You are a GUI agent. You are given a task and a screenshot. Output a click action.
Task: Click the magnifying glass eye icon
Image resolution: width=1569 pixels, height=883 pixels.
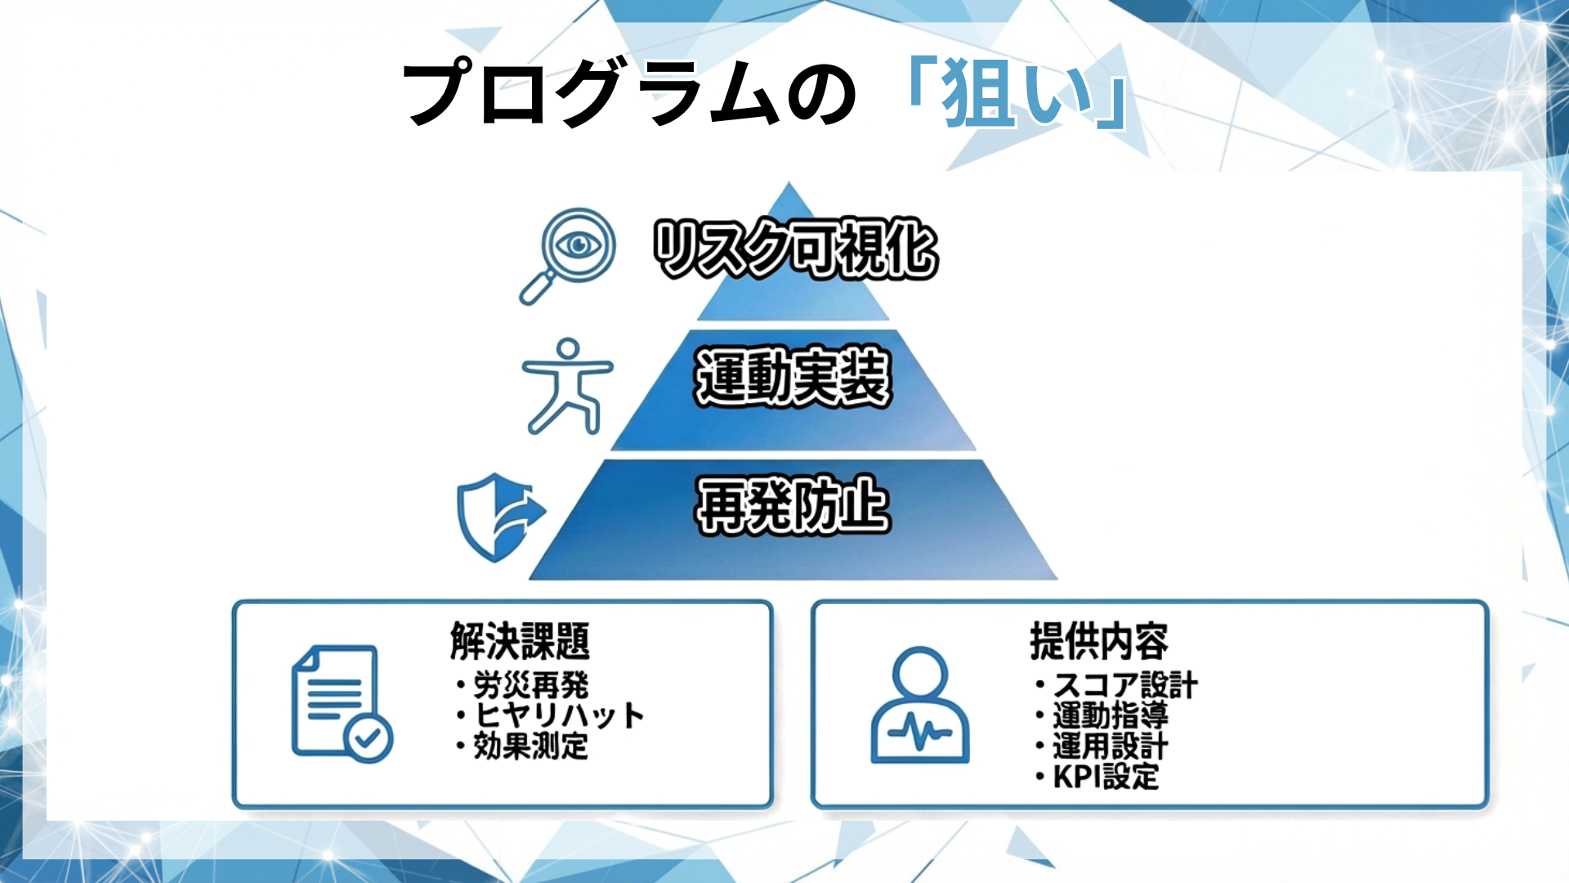click(569, 254)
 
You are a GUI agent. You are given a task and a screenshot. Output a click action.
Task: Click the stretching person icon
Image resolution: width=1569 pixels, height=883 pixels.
click(567, 386)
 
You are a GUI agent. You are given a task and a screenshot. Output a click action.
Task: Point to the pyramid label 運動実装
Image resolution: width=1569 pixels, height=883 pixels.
click(792, 377)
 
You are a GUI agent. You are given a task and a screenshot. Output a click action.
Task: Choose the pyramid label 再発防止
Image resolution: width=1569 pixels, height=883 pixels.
click(792, 506)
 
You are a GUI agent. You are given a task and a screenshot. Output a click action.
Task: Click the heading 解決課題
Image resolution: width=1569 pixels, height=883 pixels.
click(520, 641)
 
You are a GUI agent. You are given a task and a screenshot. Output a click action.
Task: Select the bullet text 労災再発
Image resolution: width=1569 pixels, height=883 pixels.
click(530, 685)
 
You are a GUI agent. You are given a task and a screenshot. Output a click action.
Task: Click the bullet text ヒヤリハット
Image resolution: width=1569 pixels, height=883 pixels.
click(559, 715)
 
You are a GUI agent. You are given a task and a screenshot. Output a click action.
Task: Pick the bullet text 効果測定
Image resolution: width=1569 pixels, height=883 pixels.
click(530, 746)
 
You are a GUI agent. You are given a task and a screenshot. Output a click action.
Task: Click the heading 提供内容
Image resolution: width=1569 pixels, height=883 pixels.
click(1098, 641)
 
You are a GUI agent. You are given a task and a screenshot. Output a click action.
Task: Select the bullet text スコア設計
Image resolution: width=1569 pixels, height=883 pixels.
click(1124, 685)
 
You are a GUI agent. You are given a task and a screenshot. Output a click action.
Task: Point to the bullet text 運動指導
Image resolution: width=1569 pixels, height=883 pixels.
click(1110, 715)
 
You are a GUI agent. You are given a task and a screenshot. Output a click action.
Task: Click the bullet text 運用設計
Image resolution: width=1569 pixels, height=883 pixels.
click(1110, 746)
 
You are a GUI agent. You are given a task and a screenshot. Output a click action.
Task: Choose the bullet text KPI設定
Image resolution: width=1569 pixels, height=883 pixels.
click(1106, 776)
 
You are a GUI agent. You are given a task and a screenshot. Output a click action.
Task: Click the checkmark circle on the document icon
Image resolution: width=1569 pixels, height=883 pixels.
click(369, 738)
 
